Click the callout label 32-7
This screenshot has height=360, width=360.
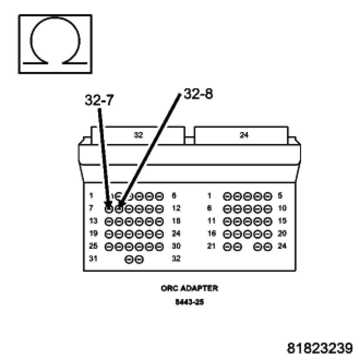(99, 101)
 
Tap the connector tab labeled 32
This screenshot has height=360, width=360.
(138, 135)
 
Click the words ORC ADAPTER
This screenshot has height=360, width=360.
(189, 289)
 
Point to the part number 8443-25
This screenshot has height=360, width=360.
(189, 303)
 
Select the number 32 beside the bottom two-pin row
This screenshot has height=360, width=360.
(176, 259)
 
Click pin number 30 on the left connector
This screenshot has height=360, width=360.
(176, 246)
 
